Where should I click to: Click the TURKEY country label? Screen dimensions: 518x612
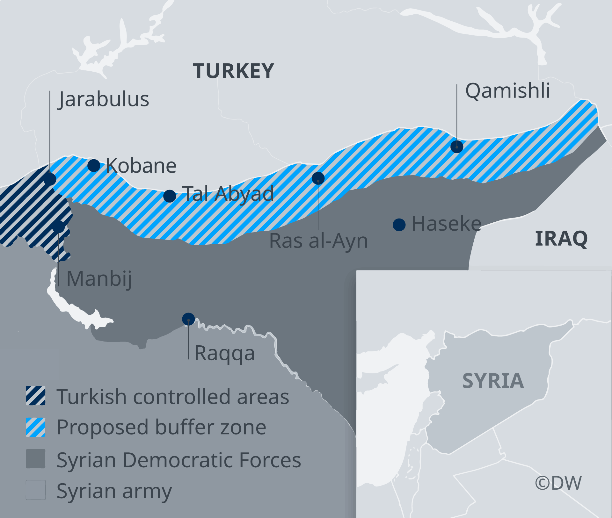click(233, 71)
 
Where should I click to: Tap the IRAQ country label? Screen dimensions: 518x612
click(561, 239)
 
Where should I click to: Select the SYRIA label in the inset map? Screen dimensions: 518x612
click(493, 381)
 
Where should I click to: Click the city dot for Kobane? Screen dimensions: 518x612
click(94, 165)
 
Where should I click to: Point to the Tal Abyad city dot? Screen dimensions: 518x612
click(170, 196)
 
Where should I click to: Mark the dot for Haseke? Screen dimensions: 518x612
click(399, 225)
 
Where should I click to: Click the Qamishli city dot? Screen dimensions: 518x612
click(457, 147)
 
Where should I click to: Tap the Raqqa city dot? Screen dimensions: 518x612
click(188, 319)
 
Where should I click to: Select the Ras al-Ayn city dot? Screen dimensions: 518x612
click(318, 178)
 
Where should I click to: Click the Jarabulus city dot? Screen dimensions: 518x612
click(50, 179)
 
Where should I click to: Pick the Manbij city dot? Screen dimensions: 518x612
click(58, 227)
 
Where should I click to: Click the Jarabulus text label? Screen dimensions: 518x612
click(104, 99)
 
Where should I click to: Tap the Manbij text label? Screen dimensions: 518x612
click(99, 279)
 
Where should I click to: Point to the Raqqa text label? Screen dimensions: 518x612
click(224, 353)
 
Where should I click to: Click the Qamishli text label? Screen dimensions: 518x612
click(507, 91)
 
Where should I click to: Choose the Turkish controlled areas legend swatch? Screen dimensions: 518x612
click(36, 396)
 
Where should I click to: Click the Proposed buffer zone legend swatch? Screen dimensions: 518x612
click(36, 427)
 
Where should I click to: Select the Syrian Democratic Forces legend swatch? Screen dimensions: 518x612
click(36, 459)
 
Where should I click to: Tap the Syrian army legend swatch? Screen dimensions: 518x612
click(36, 490)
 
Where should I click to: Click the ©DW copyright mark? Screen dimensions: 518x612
click(558, 483)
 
